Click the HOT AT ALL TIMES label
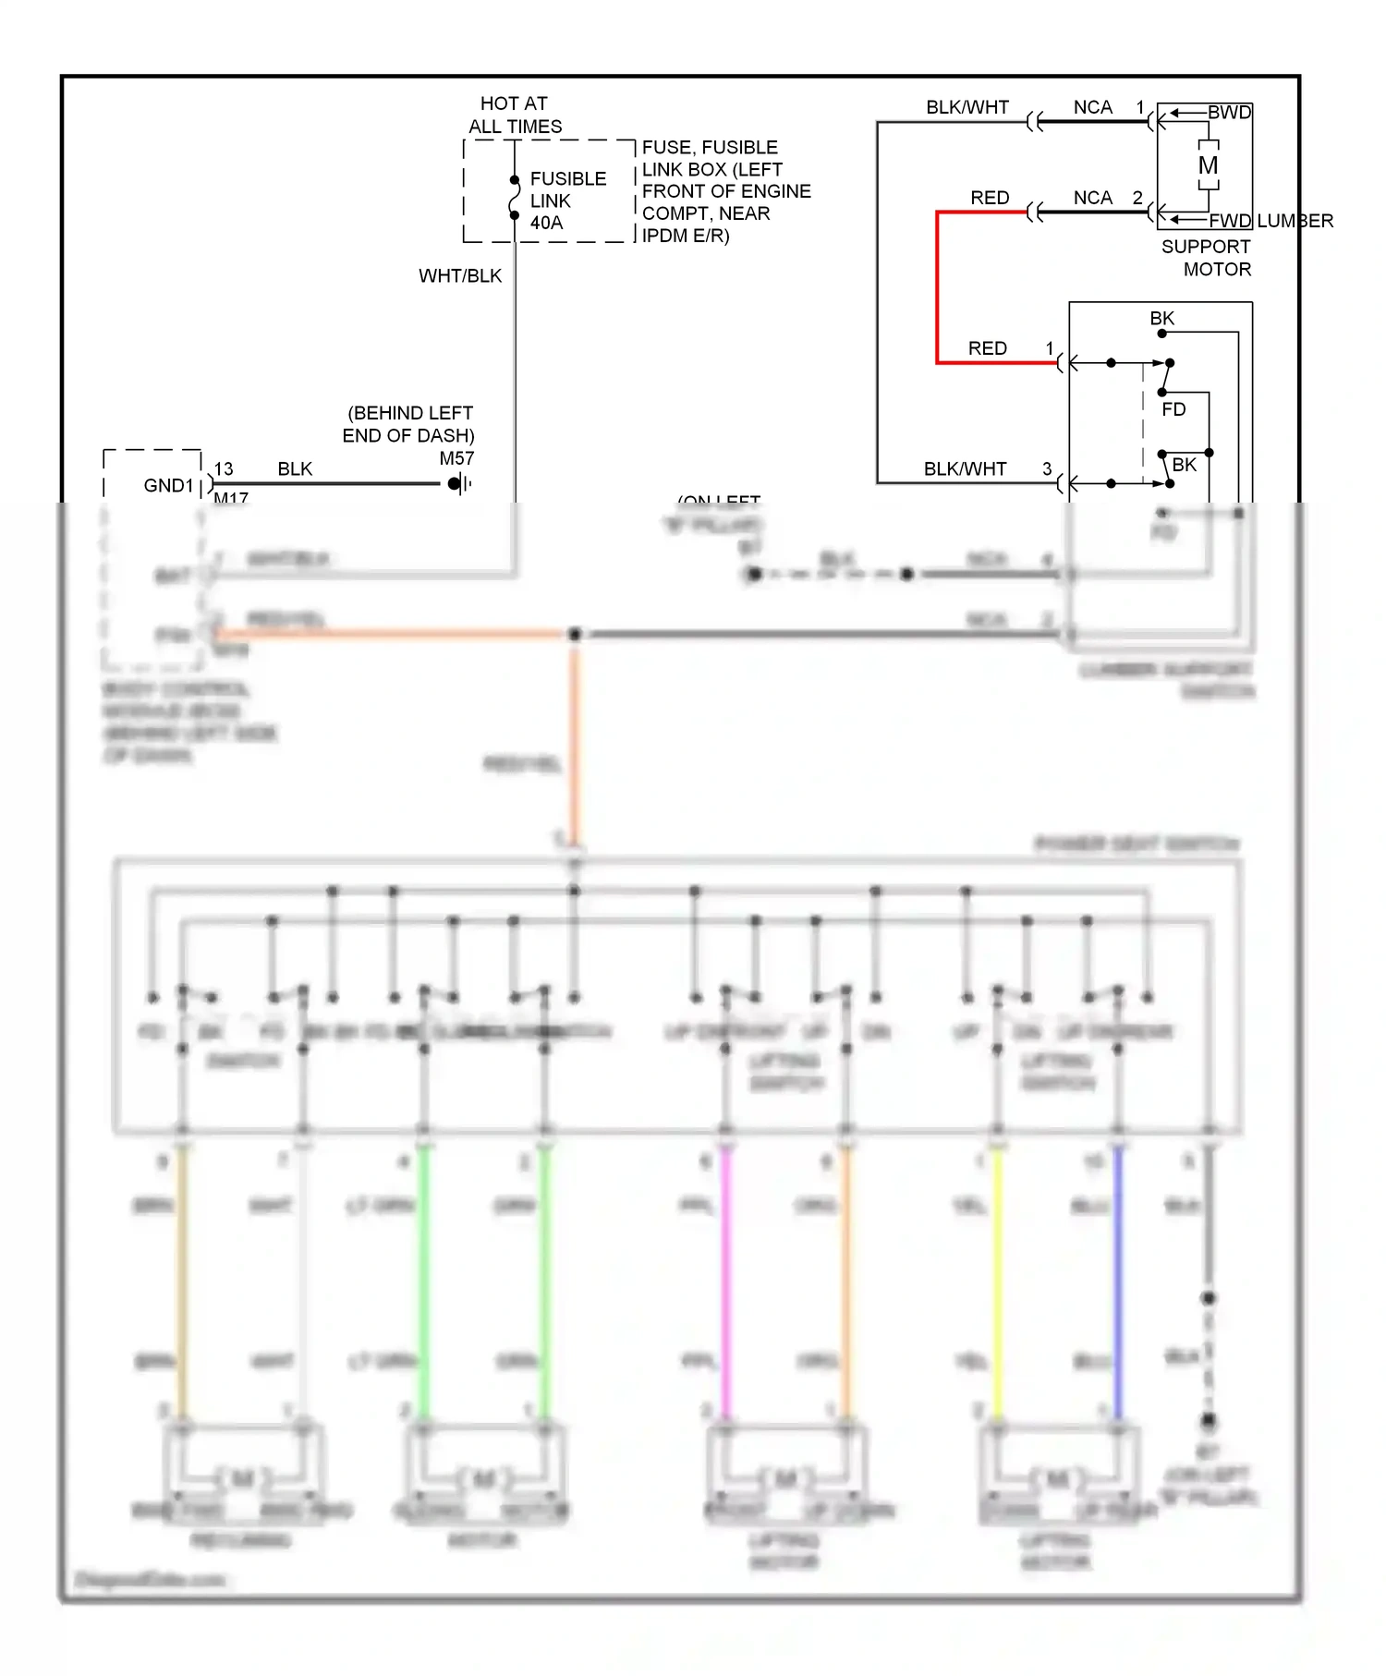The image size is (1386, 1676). (515, 115)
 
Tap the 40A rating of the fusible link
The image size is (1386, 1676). (546, 223)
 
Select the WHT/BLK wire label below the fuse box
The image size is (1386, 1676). (460, 275)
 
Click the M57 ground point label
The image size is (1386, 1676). (456, 458)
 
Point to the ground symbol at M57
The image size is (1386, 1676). (459, 483)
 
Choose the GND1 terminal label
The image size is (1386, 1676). (168, 485)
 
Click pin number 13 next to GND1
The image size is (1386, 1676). (224, 468)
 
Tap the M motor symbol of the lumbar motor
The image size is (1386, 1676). (1208, 165)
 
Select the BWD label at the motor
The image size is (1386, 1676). (1229, 112)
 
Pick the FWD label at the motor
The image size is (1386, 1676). (1230, 221)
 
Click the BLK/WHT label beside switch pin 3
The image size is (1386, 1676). (965, 468)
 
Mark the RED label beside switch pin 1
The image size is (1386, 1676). (987, 348)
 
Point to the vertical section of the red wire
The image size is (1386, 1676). (937, 286)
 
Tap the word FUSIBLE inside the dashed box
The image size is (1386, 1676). (567, 178)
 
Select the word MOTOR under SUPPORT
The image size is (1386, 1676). (1217, 269)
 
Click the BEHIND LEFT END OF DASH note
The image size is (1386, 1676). (408, 424)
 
